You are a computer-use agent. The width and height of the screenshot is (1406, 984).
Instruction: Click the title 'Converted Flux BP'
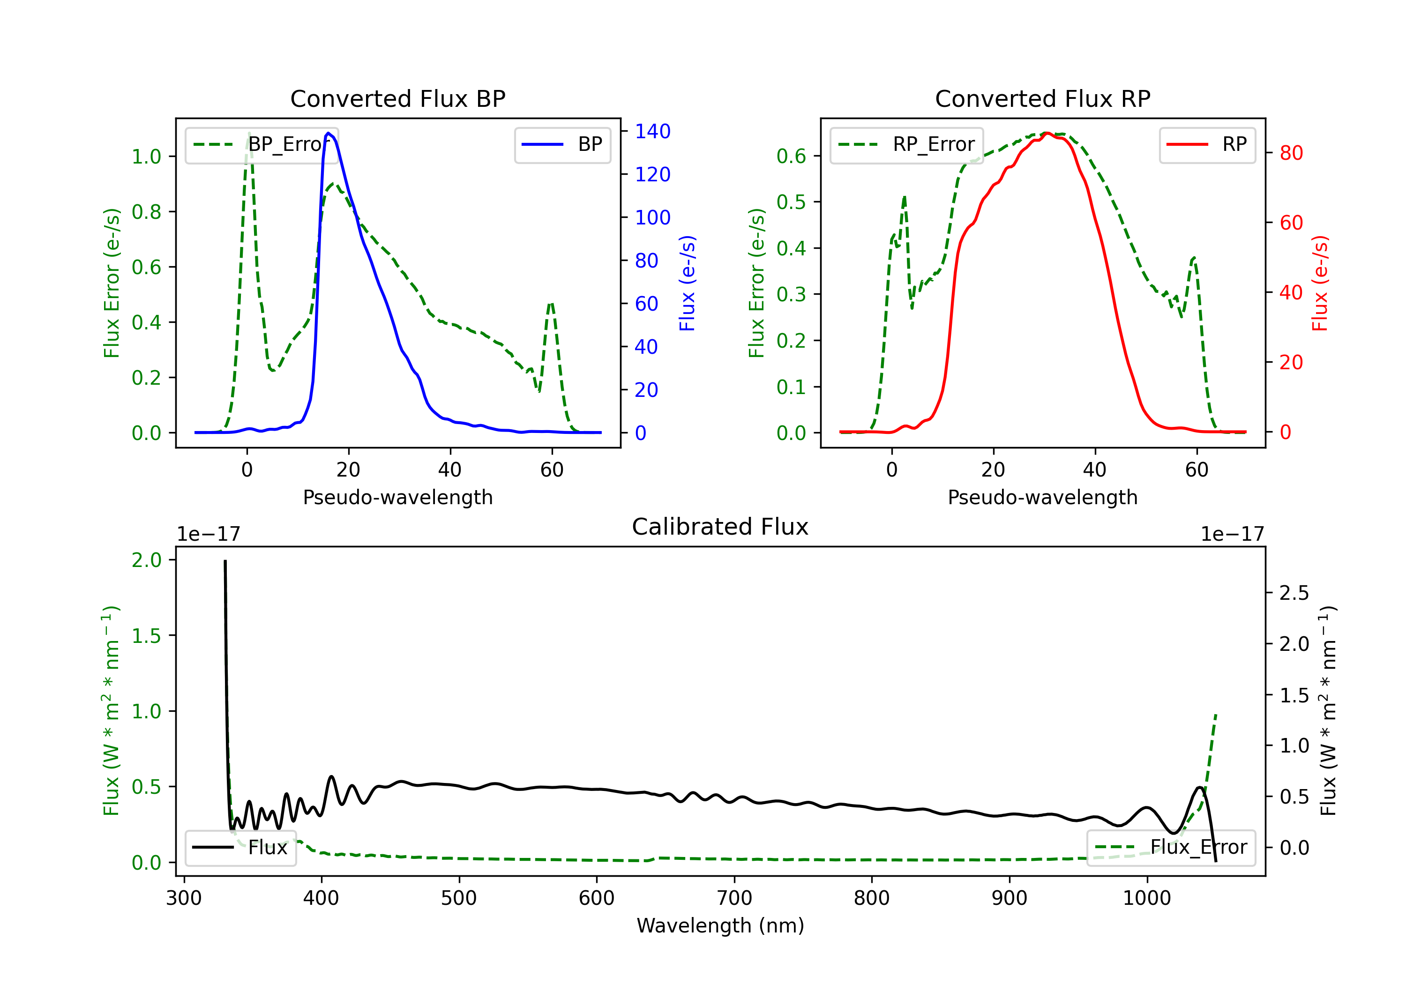coord(397,98)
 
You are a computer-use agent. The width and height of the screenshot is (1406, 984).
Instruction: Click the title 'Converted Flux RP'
coord(1042,98)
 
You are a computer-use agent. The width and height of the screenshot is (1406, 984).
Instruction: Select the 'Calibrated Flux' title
coord(720,527)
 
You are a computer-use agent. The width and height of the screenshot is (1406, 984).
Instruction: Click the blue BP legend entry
coord(562,144)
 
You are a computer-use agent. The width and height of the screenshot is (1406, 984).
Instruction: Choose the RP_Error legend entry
coord(906,144)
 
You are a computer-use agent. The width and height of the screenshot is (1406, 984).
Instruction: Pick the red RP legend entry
coord(1207,144)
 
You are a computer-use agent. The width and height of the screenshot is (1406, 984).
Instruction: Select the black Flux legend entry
coord(240,848)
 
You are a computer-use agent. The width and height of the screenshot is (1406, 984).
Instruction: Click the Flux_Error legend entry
coord(1171,848)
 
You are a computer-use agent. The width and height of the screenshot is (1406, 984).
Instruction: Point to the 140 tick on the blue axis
coord(653,131)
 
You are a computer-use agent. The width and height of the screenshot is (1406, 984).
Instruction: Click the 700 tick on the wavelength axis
coord(734,898)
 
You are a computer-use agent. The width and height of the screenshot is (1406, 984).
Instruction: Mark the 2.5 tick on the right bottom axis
coord(1294,593)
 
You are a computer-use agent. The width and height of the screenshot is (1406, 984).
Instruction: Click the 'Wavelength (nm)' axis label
coord(720,925)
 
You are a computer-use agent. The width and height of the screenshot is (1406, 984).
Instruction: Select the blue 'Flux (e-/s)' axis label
coord(687,283)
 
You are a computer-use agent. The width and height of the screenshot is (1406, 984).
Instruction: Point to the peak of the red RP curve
coord(1047,133)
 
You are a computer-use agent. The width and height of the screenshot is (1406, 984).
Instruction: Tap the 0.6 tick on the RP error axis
coord(791,156)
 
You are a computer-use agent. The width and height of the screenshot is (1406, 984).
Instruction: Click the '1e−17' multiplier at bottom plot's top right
coord(1232,534)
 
